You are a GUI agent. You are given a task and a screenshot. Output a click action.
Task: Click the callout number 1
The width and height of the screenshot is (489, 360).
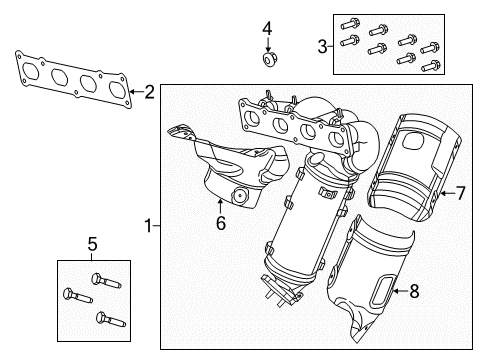coord(149,227)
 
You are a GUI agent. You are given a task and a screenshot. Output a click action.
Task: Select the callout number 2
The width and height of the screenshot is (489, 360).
coord(149,93)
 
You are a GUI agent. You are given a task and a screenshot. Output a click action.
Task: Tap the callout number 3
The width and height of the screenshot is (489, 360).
coord(322,44)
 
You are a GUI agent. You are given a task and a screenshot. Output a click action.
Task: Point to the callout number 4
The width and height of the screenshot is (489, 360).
coord(267,27)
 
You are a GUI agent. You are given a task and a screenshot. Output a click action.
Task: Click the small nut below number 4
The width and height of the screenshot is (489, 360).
coord(268,61)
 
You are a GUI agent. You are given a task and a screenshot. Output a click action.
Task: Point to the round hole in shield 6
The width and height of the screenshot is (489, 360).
coord(240,196)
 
